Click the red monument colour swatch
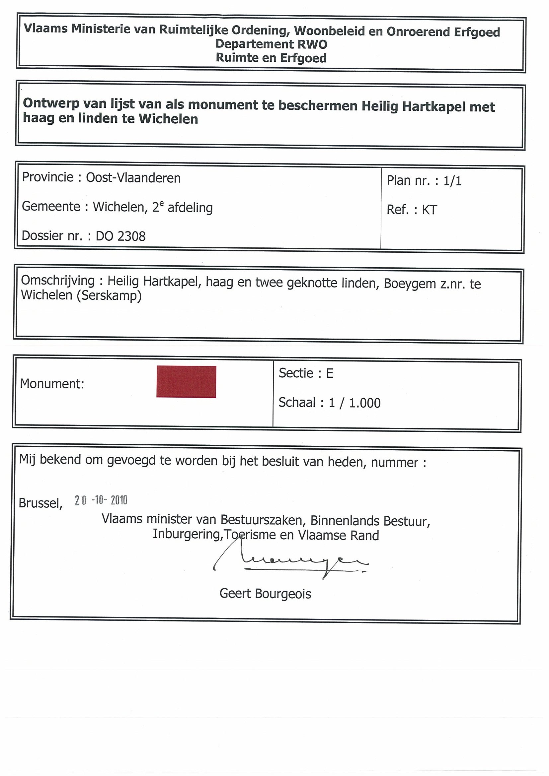pos(186,382)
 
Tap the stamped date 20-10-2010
pos(101,500)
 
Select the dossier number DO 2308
pos(120,236)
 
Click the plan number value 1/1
pos(452,181)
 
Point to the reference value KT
pos(429,210)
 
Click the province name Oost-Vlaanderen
pos(133,178)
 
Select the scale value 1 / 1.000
pos(354,403)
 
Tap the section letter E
pos(330,373)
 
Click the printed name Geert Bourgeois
pos(265,594)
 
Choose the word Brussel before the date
pos(40,503)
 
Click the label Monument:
pos(52,384)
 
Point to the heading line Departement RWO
pos(271,44)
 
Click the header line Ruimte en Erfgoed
pos(271,58)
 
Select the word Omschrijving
pos(58,281)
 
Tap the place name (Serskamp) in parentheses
pos(109,296)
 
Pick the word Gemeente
pos(51,207)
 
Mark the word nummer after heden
pos(394,462)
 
